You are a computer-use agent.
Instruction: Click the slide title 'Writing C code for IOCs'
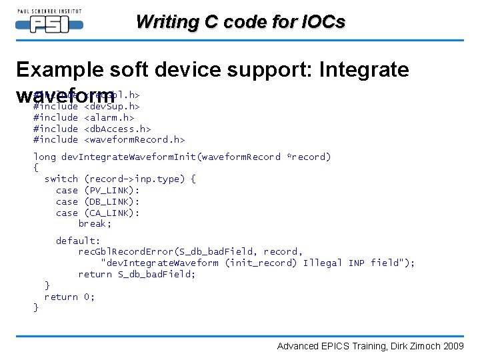pyautogui.click(x=240, y=22)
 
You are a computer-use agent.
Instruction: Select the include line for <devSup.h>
pyautogui.click(x=87, y=106)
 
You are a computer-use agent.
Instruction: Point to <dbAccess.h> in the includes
pyautogui.click(x=117, y=129)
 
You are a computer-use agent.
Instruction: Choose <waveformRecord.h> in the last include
pyautogui.click(x=134, y=139)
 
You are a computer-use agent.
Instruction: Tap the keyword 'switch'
pyautogui.click(x=61, y=179)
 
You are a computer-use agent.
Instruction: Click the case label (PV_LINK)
pyautogui.click(x=112, y=190)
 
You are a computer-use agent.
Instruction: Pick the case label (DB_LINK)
pyautogui.click(x=112, y=201)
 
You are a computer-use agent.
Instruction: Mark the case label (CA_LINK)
pyautogui.click(x=112, y=213)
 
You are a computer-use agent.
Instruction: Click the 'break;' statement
pyautogui.click(x=95, y=223)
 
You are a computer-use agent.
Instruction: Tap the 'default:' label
pyautogui.click(x=78, y=241)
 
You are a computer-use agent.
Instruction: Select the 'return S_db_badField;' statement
pyautogui.click(x=137, y=274)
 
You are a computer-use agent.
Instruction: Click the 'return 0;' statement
pyautogui.click(x=69, y=297)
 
